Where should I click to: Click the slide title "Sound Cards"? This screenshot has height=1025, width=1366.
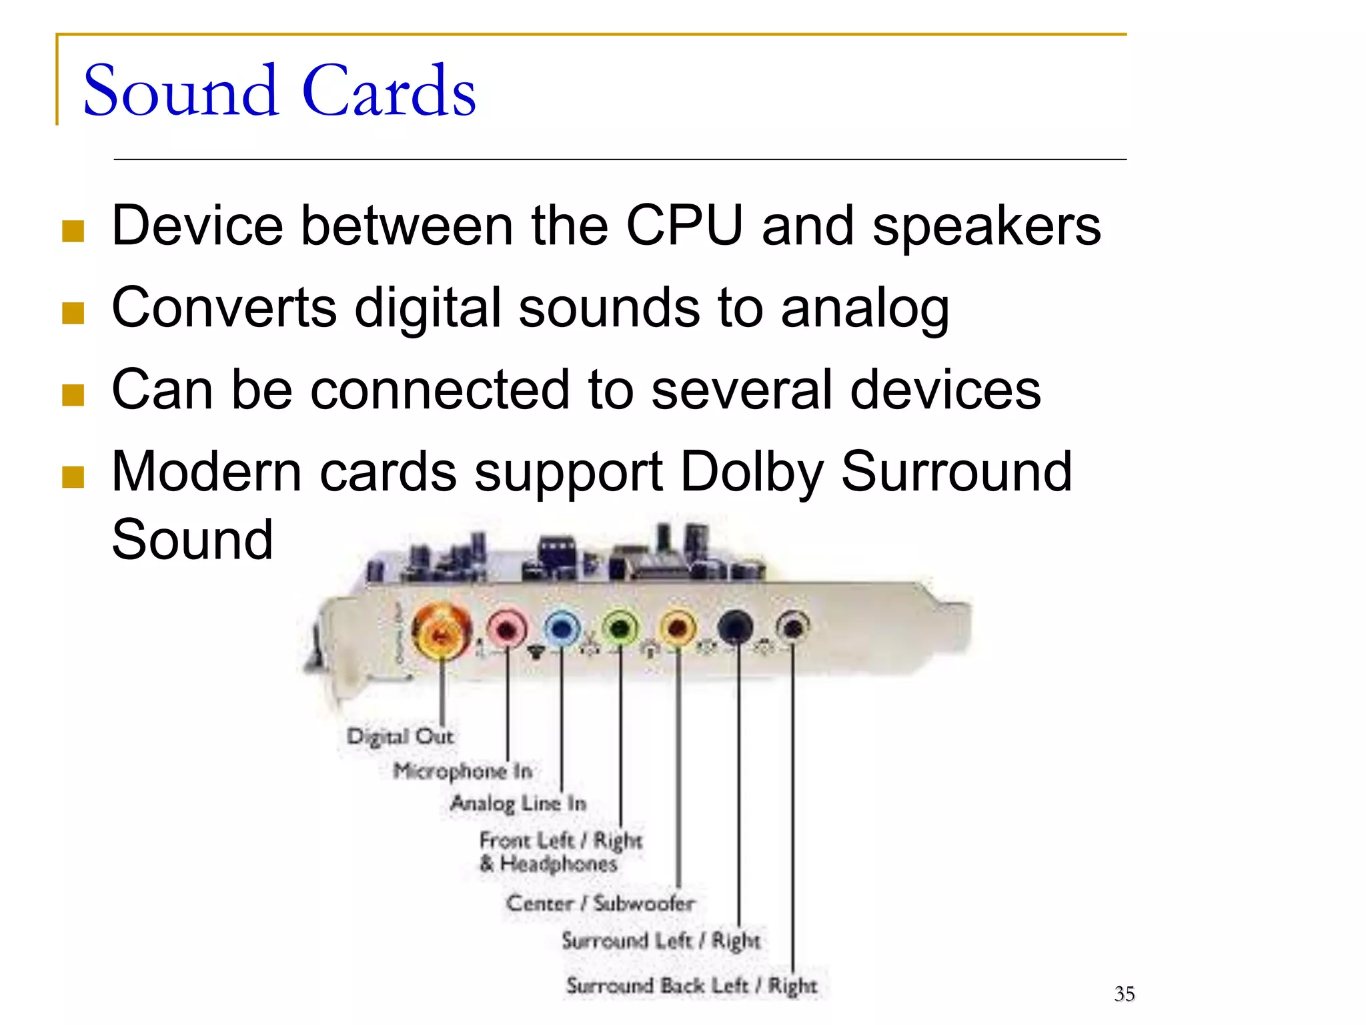(279, 91)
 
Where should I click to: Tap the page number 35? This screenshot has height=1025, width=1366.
(1124, 994)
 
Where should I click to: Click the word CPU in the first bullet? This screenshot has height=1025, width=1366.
(684, 226)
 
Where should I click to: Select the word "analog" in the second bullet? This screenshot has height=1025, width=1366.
(864, 308)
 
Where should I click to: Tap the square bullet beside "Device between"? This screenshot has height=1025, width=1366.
(73, 231)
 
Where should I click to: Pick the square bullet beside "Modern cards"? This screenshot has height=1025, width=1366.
(73, 477)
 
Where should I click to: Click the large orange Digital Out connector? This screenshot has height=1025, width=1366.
(441, 631)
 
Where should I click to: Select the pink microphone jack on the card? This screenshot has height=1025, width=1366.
(507, 628)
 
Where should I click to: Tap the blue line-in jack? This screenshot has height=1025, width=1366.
(562, 628)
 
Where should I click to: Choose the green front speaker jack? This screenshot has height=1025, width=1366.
(620, 628)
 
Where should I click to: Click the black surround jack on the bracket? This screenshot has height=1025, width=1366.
(736, 627)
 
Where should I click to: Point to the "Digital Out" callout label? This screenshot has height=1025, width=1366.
(400, 737)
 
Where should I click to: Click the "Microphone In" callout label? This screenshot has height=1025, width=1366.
(462, 771)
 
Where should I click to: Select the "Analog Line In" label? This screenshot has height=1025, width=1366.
(518, 803)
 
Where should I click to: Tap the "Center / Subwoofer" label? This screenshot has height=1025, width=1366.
(600, 904)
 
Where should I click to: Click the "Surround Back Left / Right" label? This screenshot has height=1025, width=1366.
(691, 986)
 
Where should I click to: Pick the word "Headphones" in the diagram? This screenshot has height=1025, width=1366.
(558, 864)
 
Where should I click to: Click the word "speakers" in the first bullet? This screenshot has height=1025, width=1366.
(986, 226)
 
